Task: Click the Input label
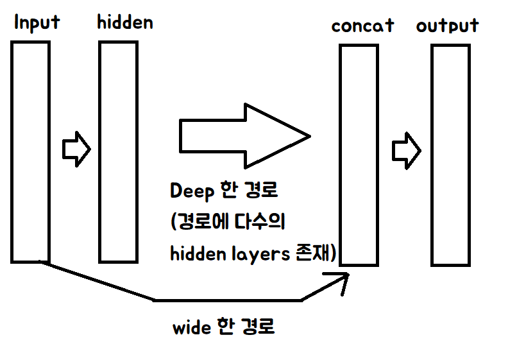37,22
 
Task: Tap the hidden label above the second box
125,22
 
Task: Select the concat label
362,27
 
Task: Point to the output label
447,26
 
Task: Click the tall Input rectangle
30,151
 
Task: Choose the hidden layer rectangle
118,151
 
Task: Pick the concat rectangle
359,155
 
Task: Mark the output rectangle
451,155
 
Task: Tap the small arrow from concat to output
406,151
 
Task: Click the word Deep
191,192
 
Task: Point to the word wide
192,328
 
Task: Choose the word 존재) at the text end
316,253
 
